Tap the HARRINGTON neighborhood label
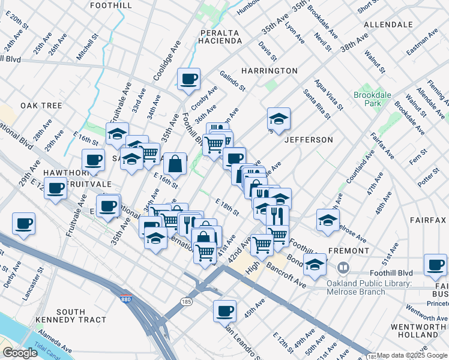point(270,71)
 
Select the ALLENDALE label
point(388,25)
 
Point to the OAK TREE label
point(41,106)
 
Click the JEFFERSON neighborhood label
point(308,140)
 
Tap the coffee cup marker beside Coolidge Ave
point(188,79)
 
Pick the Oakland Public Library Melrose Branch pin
point(343,267)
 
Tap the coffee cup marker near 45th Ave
point(224,311)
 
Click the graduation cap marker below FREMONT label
point(315,263)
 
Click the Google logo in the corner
point(20,353)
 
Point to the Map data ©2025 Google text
point(412,355)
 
